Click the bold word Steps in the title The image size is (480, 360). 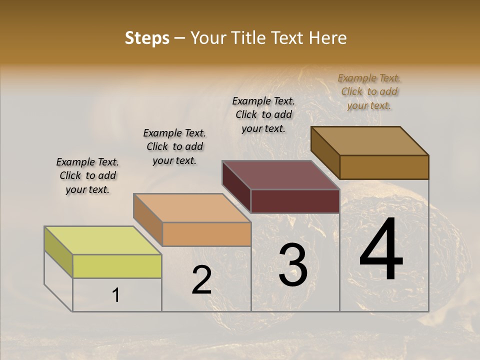click(x=147, y=38)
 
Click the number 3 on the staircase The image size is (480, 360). click(x=292, y=265)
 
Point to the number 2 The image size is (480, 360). click(x=201, y=280)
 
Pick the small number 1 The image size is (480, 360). click(x=115, y=295)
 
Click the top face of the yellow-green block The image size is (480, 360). click(x=102, y=240)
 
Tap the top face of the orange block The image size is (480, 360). click(x=192, y=207)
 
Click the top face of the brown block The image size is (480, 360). click(x=369, y=140)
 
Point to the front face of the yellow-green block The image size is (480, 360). click(x=117, y=266)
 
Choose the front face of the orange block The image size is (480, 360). click(x=206, y=234)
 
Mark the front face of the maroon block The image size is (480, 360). click(x=295, y=201)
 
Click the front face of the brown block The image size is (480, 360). click(x=384, y=167)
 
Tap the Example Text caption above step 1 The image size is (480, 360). click(x=87, y=175)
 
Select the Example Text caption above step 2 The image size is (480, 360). click(x=174, y=146)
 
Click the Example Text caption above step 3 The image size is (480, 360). click(x=263, y=114)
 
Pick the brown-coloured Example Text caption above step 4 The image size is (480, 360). click(x=369, y=91)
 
